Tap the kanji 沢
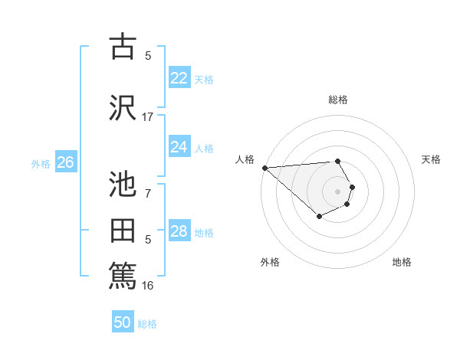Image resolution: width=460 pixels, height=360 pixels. click(123, 108)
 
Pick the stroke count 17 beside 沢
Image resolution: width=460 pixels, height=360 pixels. click(148, 117)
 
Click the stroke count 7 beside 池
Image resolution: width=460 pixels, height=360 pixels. click(148, 194)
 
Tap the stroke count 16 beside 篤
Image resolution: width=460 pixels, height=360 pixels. click(148, 286)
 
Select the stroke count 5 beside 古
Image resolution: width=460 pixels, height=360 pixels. click(148, 55)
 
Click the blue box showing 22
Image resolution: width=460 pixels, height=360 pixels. click(179, 78)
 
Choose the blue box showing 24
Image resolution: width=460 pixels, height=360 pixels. click(179, 147)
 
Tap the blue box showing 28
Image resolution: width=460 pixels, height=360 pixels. click(179, 231)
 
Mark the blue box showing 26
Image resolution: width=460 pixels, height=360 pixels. click(65, 162)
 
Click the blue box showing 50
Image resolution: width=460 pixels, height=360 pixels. click(123, 322)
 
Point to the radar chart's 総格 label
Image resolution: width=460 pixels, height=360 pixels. click(337, 100)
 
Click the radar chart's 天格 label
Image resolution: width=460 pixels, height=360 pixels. click(431, 159)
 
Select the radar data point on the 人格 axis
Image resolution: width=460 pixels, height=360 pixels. click(264, 168)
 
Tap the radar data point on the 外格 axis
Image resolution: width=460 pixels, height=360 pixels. click(319, 218)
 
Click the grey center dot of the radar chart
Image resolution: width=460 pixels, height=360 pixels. click(337, 191)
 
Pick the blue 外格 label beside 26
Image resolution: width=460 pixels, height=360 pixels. click(41, 163)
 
